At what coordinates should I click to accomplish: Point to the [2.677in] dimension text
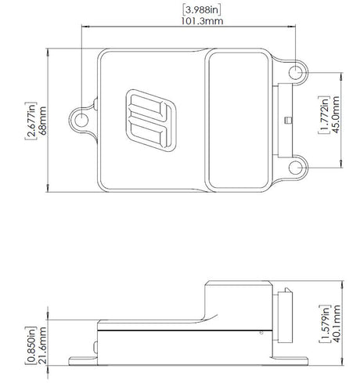tap(30, 120)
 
